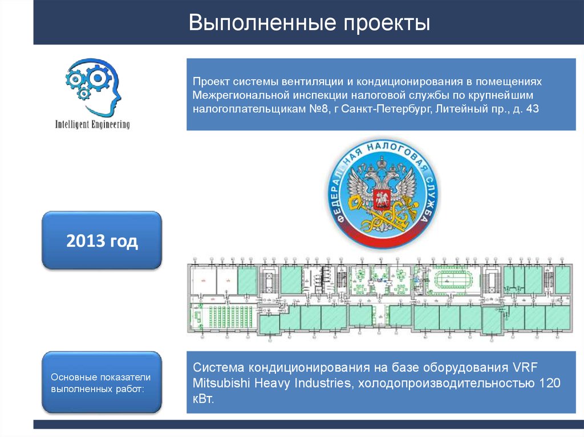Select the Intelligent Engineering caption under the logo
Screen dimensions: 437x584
coord(92,124)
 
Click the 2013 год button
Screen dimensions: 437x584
coord(102,241)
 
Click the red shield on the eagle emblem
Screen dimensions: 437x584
coord(378,201)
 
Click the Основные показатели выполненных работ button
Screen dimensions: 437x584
coord(102,382)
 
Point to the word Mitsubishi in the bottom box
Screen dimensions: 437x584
coord(220,382)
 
